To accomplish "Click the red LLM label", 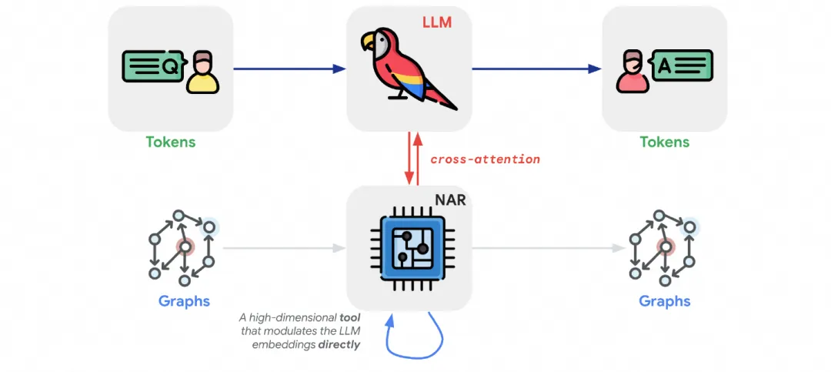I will pos(436,24).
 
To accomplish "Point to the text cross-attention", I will pos(485,159).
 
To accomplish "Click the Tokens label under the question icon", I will pos(171,142).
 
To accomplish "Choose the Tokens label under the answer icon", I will pos(665,142).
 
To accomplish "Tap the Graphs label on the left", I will pos(184,301).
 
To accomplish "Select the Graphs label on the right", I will pos(665,301).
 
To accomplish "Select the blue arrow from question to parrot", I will pos(289,69).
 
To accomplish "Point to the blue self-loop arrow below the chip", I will pos(416,343).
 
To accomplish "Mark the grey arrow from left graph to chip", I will pos(285,248).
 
